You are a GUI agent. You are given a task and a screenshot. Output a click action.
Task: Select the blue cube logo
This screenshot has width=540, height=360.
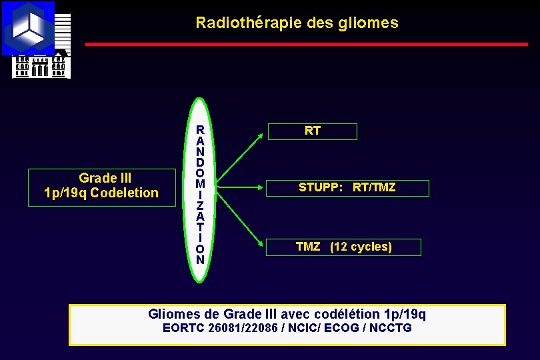[x=29, y=28]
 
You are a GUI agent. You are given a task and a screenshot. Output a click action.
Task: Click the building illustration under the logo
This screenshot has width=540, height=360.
[x=40, y=66]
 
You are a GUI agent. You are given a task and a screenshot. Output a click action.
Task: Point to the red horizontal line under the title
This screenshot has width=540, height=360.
[x=307, y=45]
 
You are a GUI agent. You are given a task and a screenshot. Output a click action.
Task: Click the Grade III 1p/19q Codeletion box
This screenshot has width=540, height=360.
[x=101, y=186]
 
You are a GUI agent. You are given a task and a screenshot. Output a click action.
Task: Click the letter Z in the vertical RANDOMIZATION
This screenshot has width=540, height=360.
[x=200, y=205]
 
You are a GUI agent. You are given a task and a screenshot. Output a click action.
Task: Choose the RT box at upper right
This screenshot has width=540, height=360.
[x=312, y=131]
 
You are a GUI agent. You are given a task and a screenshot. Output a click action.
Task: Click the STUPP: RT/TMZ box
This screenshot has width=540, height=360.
[x=347, y=188]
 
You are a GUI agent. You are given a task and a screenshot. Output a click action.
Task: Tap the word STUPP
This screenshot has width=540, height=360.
[x=321, y=188]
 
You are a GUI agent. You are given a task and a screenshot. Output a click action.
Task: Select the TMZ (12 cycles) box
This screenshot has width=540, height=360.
[x=344, y=247]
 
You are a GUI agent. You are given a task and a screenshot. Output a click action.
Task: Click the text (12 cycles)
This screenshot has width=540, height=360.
[x=361, y=247]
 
